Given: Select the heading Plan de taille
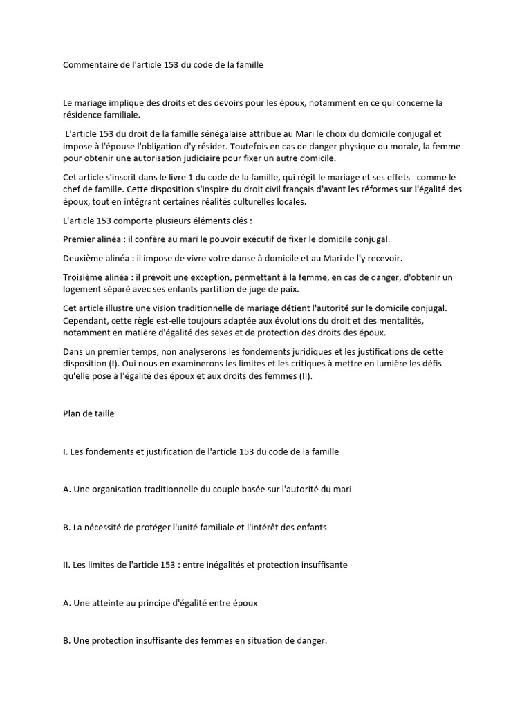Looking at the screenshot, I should pos(88,414).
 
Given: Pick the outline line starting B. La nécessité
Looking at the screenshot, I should pos(194,527).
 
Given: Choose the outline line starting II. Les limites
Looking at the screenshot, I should pos(205,565).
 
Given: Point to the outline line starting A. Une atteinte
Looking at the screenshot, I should pos(160,603).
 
